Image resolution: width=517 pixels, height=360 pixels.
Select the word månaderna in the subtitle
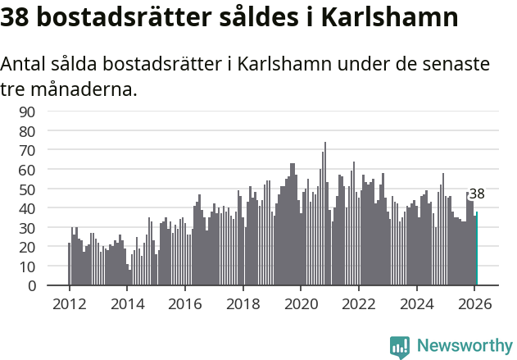pyautogui.click(x=81, y=88)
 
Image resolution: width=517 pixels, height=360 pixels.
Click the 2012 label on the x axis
pyautogui.click(x=69, y=303)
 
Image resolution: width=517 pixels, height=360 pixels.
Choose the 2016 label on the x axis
pyautogui.click(x=185, y=303)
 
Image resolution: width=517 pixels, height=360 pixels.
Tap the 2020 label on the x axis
pyautogui.click(x=301, y=303)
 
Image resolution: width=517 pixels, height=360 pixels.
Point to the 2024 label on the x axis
pyautogui.click(x=417, y=303)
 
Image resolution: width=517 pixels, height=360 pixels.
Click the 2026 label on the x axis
pyautogui.click(x=475, y=303)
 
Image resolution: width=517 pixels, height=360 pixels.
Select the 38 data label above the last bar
pyautogui.click(x=477, y=194)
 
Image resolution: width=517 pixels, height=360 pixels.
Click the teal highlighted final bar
pyautogui.click(x=477, y=249)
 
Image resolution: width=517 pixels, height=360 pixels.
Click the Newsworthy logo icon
pyautogui.click(x=400, y=346)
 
